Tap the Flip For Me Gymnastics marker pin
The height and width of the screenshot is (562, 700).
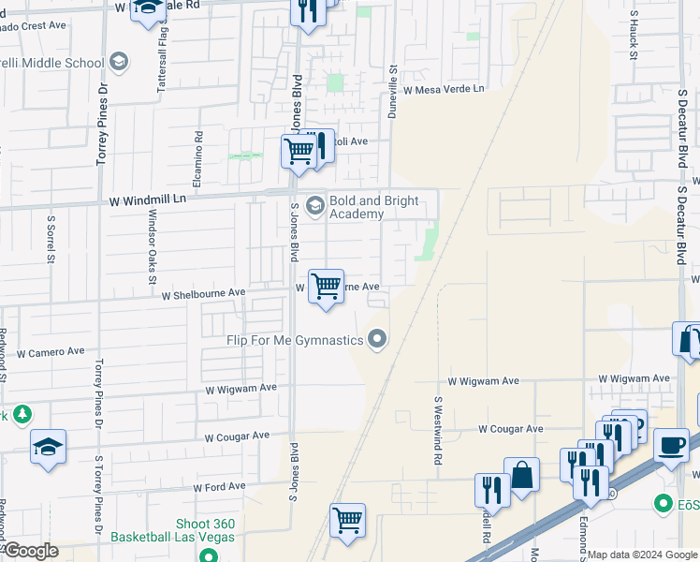point(377,338)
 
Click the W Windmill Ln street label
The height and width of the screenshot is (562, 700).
point(148,200)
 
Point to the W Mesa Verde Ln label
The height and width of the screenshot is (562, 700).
point(445,89)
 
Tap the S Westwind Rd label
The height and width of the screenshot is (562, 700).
point(437,421)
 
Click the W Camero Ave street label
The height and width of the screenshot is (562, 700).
point(51,352)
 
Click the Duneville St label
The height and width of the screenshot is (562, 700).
point(393,86)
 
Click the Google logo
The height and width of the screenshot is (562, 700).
point(30,551)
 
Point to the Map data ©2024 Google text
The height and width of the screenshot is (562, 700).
point(642,555)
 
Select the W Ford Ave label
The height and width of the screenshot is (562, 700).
point(219,486)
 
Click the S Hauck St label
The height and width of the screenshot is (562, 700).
point(634,37)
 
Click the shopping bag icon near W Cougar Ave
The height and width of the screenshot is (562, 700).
point(521,476)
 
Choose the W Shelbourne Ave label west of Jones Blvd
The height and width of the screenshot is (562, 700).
point(203,293)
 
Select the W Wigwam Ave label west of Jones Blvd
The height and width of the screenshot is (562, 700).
point(241,388)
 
